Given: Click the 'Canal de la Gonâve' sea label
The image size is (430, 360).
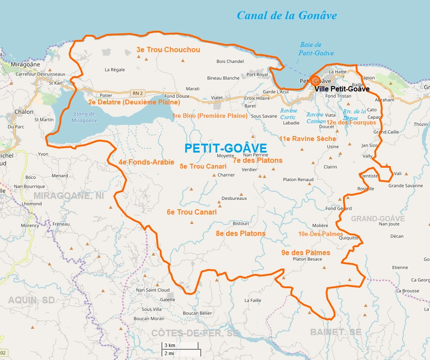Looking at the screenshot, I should tap(286, 16).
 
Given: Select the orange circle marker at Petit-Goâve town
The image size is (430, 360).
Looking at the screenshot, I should tap(315, 81).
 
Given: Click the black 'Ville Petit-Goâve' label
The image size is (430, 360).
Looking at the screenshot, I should tap(342, 89).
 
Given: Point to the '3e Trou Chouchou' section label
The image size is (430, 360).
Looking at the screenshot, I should tap(168, 50).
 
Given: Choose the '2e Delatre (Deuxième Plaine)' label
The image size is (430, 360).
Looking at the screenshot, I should tap(134, 102).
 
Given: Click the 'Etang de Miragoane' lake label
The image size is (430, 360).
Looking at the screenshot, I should tap(85, 117).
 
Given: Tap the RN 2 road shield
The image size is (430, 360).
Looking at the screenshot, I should tap(137, 93).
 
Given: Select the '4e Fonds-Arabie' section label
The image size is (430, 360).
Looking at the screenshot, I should tap(146, 162).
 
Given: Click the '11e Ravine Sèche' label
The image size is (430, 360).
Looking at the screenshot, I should tap(307, 139).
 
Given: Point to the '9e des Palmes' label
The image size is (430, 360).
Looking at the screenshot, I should tap(306, 252).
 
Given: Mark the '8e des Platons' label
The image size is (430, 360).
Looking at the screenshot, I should tap(240, 233).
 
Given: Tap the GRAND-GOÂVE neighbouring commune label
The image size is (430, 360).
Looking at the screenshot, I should tap(378, 219).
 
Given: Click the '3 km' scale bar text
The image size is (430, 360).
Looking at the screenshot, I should tap(170, 345).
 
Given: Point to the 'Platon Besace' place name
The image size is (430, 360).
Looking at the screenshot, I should tap(307, 259).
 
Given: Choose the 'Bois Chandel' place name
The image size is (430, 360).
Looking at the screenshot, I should tap(230, 61).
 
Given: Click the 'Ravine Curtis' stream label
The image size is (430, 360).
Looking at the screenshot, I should tap(288, 114).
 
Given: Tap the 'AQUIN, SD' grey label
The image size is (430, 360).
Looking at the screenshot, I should tap(31, 300).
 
